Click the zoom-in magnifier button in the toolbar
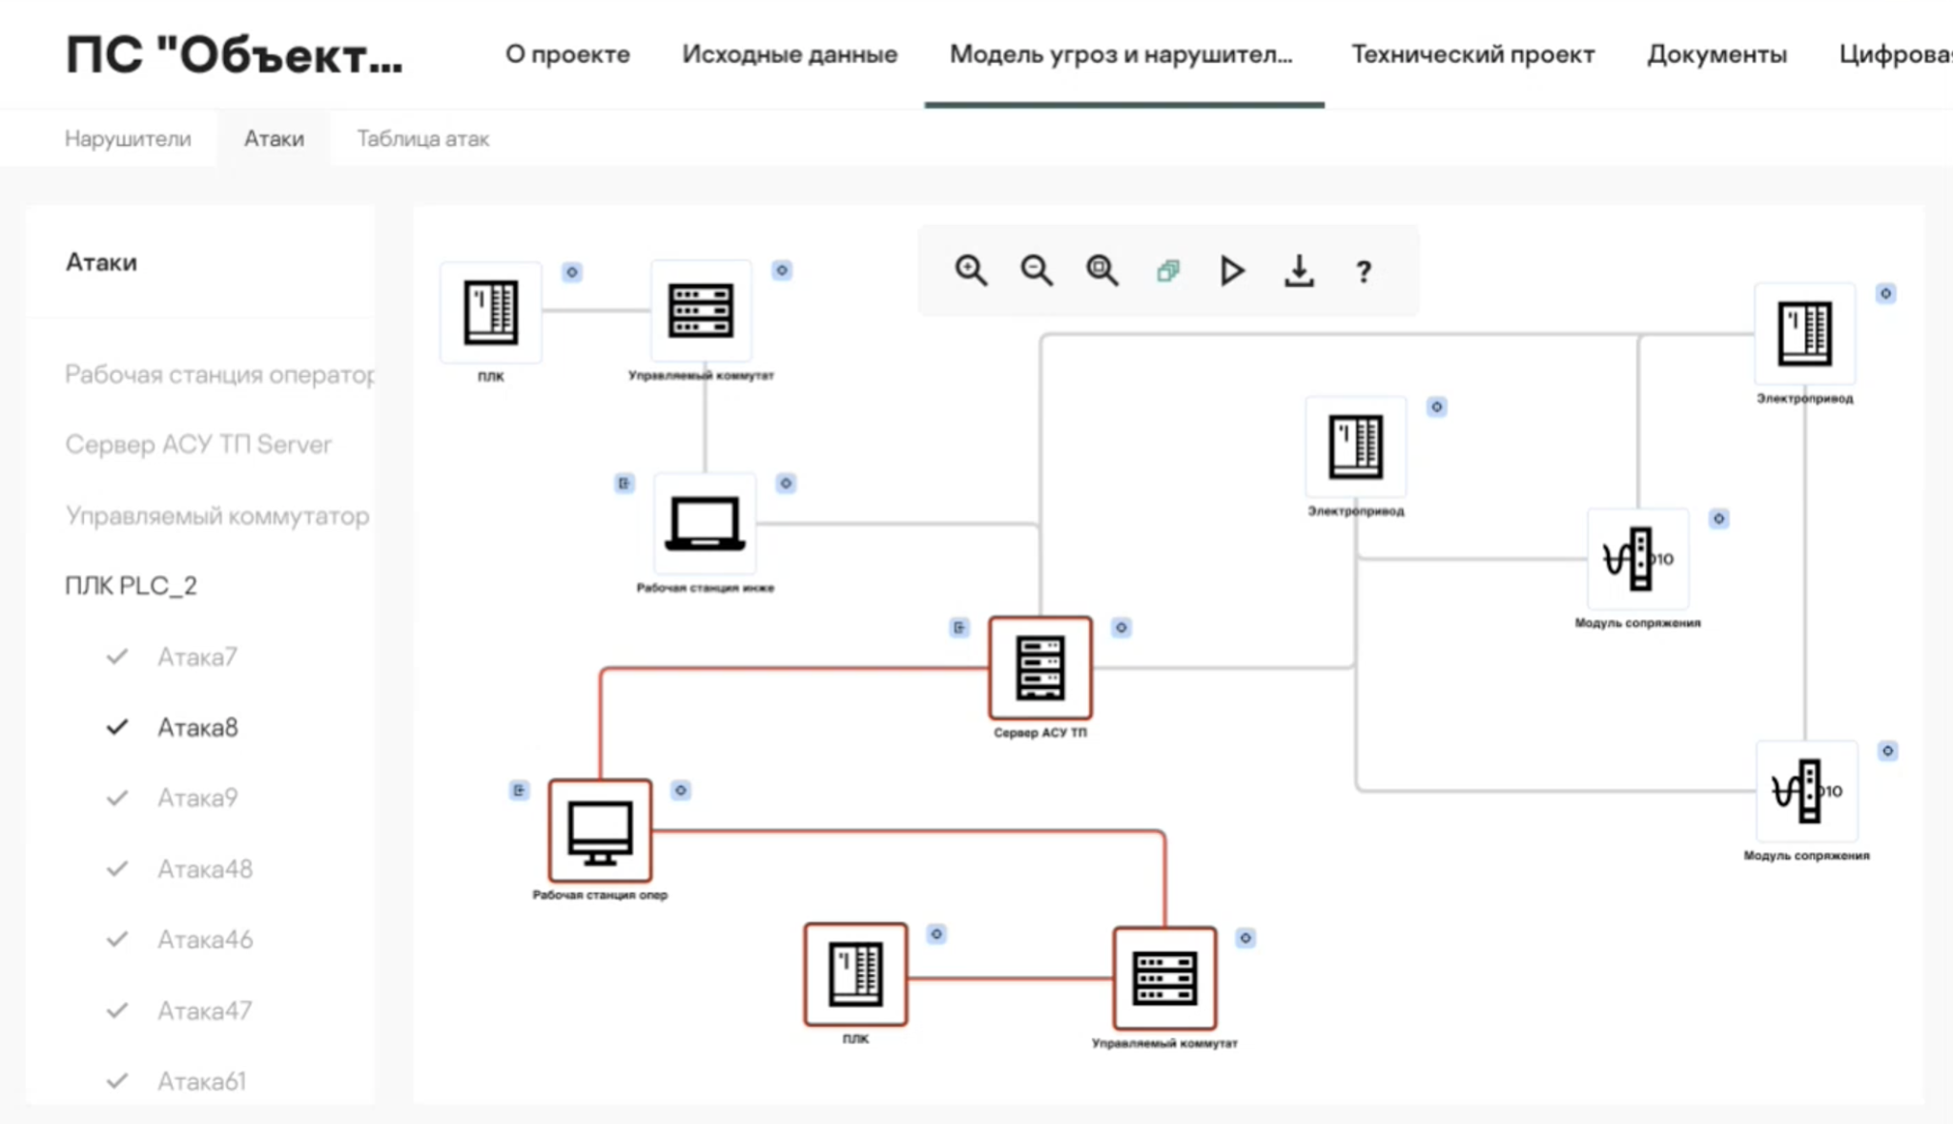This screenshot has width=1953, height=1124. pos(971,271)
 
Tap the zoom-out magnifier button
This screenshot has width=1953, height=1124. pos(1037,271)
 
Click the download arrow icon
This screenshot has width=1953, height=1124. pos(1299,271)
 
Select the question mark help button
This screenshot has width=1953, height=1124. pos(1364,272)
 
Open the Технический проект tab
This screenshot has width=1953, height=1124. pos(1472,54)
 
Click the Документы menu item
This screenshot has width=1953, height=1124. pos(1717,54)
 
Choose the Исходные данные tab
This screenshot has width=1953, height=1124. pos(790,54)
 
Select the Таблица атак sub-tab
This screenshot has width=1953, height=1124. pos(422,139)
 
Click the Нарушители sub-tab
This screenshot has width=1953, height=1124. pos(128,139)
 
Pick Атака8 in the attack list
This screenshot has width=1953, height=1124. pos(197,728)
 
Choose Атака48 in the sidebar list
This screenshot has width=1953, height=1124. pos(205,869)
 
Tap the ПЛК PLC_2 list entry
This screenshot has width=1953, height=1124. pos(131,586)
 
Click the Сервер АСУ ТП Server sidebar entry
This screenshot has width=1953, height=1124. pos(198,445)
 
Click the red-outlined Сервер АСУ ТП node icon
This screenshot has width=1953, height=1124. pos(1039,668)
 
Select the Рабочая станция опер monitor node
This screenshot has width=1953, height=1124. pos(600,831)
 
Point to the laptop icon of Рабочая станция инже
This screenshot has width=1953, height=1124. pos(705,524)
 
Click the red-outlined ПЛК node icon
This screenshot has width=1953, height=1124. pos(855,974)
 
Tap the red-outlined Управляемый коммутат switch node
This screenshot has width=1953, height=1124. pos(1164,978)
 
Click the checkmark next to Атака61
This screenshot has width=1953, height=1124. pos(117,1081)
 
